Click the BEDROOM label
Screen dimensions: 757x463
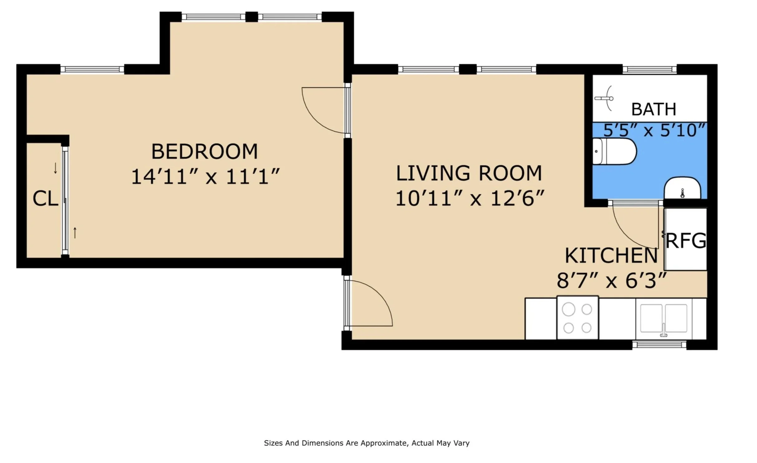pos(204,152)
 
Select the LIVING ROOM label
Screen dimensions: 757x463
pos(469,173)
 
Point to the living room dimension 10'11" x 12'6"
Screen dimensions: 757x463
pos(470,198)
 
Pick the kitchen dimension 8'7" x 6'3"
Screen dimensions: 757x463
pos(612,280)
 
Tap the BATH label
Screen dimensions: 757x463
pos(654,110)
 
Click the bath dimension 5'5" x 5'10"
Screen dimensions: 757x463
pos(654,130)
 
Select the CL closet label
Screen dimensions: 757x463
pos(46,198)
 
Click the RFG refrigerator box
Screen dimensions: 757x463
pos(686,239)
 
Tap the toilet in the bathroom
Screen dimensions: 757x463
pos(614,152)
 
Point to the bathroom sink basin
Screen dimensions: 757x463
pos(682,188)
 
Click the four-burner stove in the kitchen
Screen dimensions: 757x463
pos(578,318)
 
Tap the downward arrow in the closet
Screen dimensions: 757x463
pos(56,168)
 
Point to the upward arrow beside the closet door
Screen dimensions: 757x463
pos(75,233)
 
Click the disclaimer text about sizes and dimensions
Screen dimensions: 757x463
pos(366,443)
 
